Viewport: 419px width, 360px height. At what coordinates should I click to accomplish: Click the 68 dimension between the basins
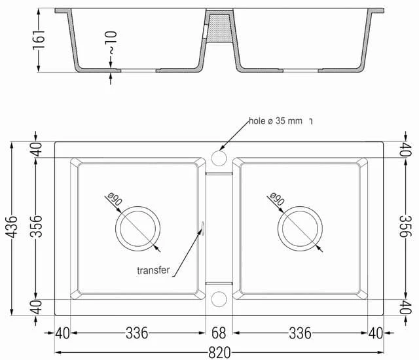tap(219, 334)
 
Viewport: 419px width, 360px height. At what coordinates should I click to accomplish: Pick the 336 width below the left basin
tap(137, 334)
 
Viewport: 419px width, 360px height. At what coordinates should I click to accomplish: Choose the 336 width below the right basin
tap(300, 334)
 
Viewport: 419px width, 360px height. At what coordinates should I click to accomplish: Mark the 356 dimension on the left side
tap(37, 228)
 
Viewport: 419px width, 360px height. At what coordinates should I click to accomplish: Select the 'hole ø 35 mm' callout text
tap(276, 121)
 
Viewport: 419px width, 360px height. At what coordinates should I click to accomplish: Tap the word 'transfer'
tap(153, 270)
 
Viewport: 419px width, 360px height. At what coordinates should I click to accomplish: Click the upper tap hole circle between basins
tap(219, 158)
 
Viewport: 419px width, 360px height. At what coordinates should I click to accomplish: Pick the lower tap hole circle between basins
tap(219, 299)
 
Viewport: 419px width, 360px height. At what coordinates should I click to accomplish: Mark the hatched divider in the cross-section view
tap(219, 33)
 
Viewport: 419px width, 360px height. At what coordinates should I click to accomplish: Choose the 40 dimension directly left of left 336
tap(62, 334)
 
